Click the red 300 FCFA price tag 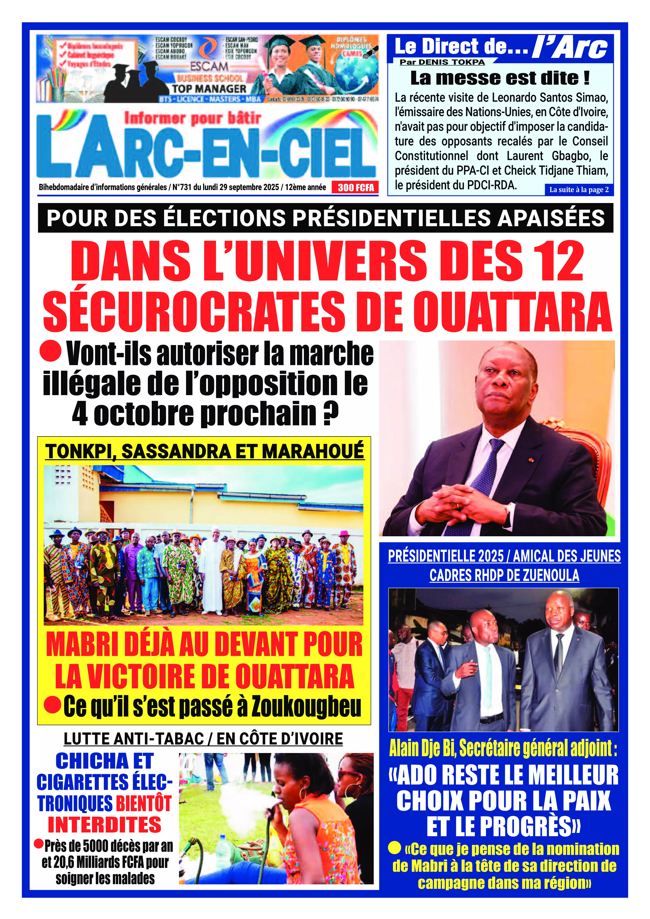coord(355,187)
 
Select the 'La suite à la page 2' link coord(579,190)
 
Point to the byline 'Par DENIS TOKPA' coord(442,62)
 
